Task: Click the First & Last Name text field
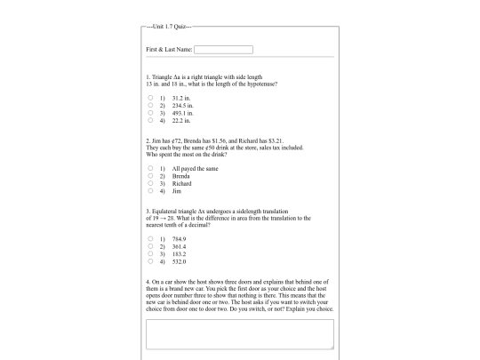223,49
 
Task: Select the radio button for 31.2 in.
151,98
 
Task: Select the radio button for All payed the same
151,168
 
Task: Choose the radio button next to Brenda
151,175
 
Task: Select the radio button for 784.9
151,239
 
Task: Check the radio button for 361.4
151,246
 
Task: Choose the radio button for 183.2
151,253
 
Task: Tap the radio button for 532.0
151,260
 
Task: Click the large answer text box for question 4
239,333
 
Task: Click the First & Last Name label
169,49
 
